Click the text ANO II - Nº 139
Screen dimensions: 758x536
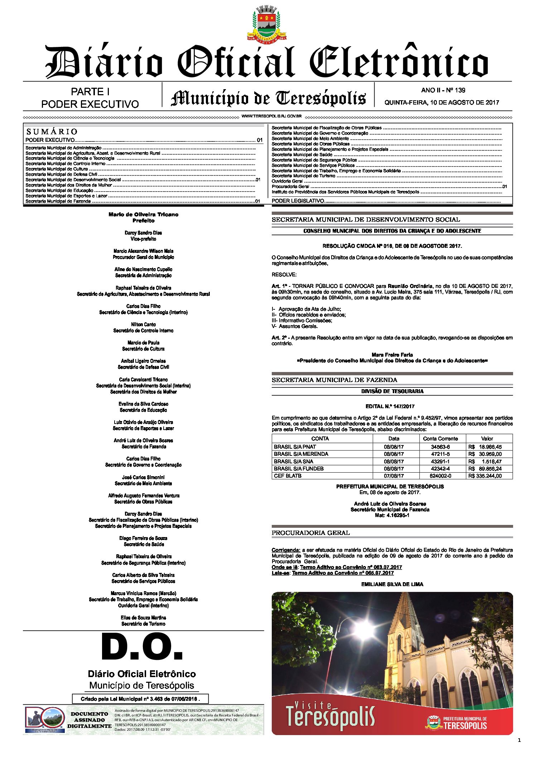coord(443,90)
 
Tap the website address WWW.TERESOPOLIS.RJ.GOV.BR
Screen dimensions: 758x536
coord(271,116)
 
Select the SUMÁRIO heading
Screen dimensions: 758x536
coord(52,131)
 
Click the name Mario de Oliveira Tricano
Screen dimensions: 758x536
coord(143,214)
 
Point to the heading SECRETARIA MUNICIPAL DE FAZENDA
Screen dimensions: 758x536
coord(334,380)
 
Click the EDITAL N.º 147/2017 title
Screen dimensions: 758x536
coord(392,406)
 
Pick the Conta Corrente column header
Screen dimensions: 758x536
coord(440,439)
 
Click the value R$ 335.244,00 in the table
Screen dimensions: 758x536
coord(485,476)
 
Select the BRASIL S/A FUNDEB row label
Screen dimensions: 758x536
coord(299,469)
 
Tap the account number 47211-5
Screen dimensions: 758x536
coord(440,454)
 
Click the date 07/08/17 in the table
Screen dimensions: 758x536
coord(393,476)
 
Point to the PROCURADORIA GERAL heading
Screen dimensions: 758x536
coord(310,533)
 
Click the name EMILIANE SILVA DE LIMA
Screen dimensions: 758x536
coord(392,584)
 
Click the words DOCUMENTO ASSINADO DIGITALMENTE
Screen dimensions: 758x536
coord(90,720)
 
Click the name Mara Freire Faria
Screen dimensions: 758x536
coord(392,355)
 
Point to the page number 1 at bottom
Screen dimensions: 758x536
coord(519,740)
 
